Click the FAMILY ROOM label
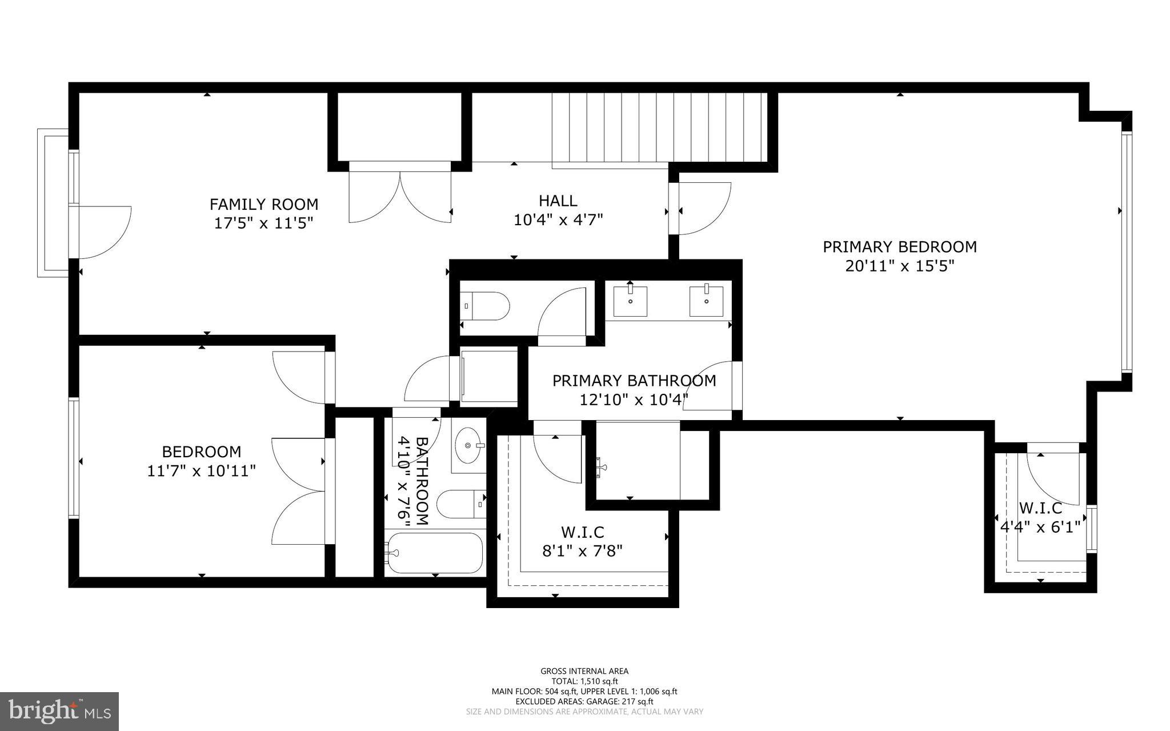tap(263, 204)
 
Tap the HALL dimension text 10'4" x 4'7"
tap(558, 220)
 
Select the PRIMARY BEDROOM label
tap(899, 247)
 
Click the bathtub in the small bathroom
tap(434, 553)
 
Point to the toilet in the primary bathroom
tap(486, 306)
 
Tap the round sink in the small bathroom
tap(468, 445)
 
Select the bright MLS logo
tap(59, 711)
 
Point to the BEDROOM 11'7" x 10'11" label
tap(201, 461)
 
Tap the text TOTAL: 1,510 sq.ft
tap(584, 681)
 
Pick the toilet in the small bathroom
tap(460, 504)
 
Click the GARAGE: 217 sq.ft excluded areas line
tap(584, 701)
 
